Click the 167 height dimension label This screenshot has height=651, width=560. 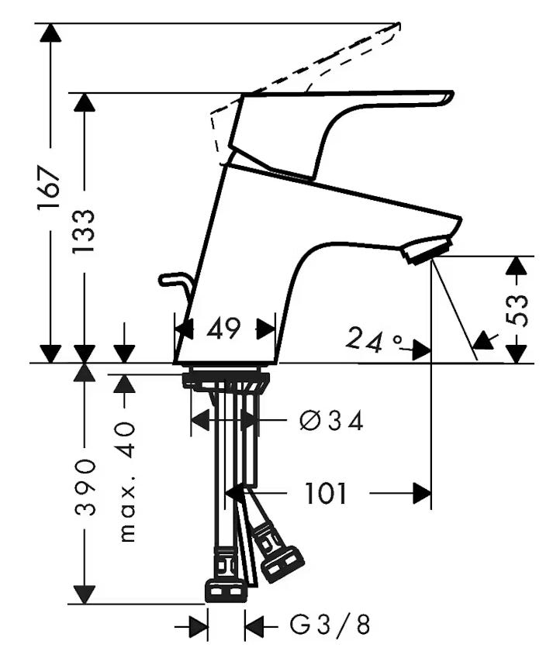50,189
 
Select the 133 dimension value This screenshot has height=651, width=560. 84,232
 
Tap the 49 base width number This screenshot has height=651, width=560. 223,328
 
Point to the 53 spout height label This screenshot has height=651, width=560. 517,310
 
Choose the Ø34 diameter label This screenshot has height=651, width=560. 331,421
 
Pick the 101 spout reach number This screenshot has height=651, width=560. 326,493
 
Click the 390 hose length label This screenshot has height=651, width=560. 85,487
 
